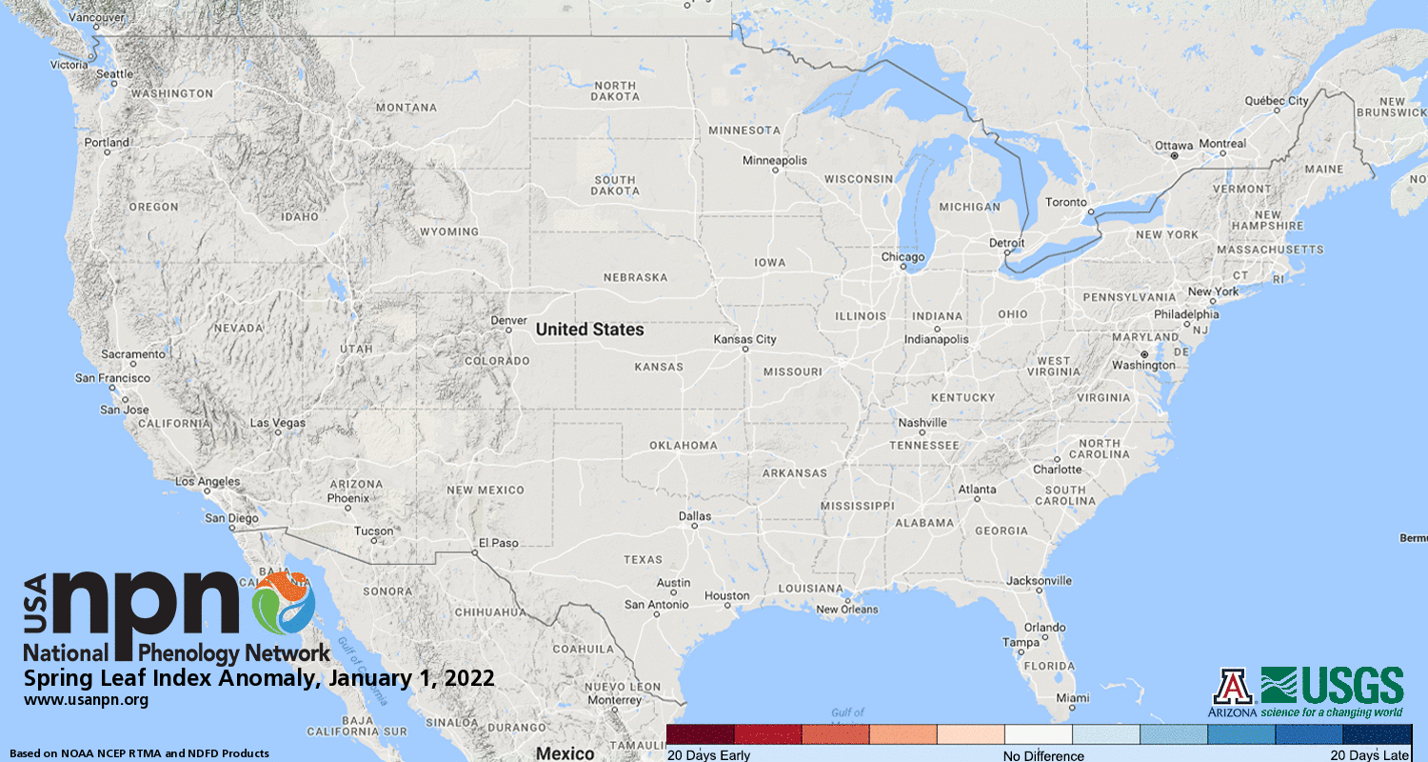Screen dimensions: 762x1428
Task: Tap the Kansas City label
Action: pyautogui.click(x=745, y=339)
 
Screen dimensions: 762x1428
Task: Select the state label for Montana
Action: pyautogui.click(x=407, y=108)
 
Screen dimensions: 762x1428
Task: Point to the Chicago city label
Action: pyautogui.click(x=902, y=257)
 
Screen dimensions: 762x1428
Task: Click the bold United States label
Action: pyautogui.click(x=589, y=330)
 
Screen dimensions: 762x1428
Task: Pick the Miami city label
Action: pyautogui.click(x=1072, y=698)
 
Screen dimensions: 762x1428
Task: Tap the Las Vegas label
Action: pyautogui.click(x=277, y=422)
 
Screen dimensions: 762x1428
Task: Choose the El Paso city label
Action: pyautogui.click(x=498, y=543)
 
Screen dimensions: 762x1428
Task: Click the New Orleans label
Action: pyautogui.click(x=847, y=610)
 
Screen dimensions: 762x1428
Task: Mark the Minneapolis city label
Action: pyautogui.click(x=775, y=160)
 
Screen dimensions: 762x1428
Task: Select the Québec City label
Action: pyautogui.click(x=1277, y=101)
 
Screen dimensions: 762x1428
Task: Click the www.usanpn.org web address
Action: pyautogui.click(x=86, y=700)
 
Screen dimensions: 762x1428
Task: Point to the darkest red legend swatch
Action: pyautogui.click(x=701, y=734)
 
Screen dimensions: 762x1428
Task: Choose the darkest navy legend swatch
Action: pyautogui.click(x=1377, y=734)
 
